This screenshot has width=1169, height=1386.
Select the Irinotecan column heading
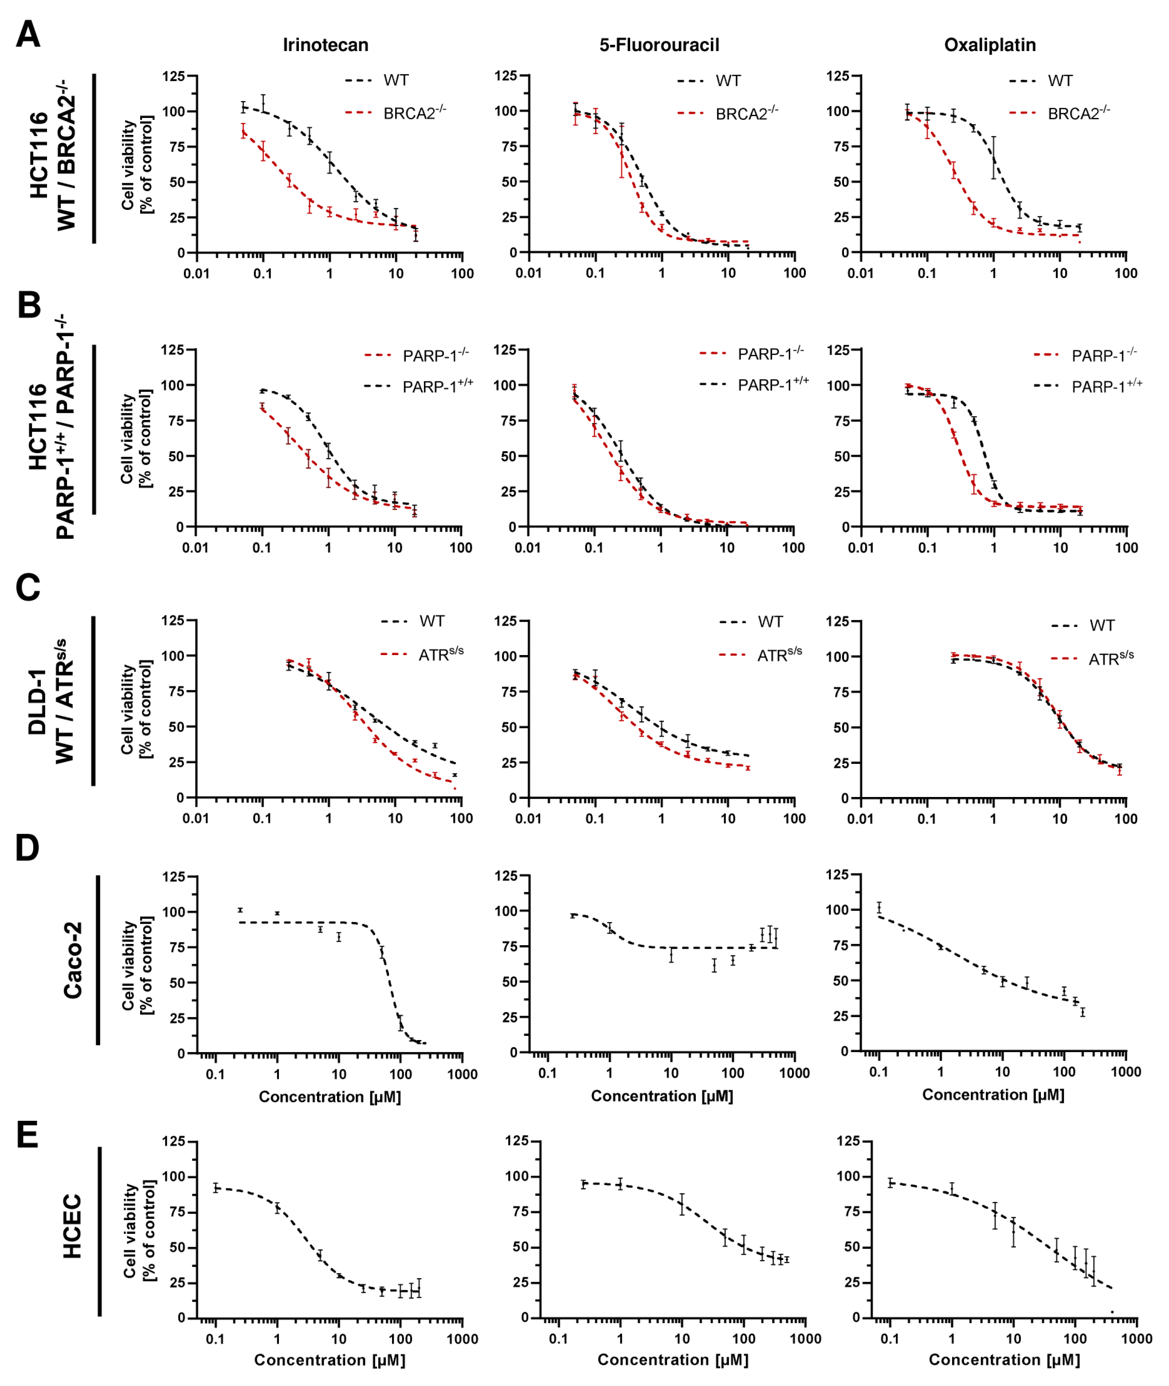(x=326, y=45)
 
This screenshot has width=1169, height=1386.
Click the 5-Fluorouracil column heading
(x=659, y=45)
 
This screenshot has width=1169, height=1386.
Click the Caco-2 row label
(x=73, y=960)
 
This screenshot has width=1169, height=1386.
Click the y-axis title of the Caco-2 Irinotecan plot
(x=137, y=964)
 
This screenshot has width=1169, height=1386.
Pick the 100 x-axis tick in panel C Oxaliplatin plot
(x=1125, y=819)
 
